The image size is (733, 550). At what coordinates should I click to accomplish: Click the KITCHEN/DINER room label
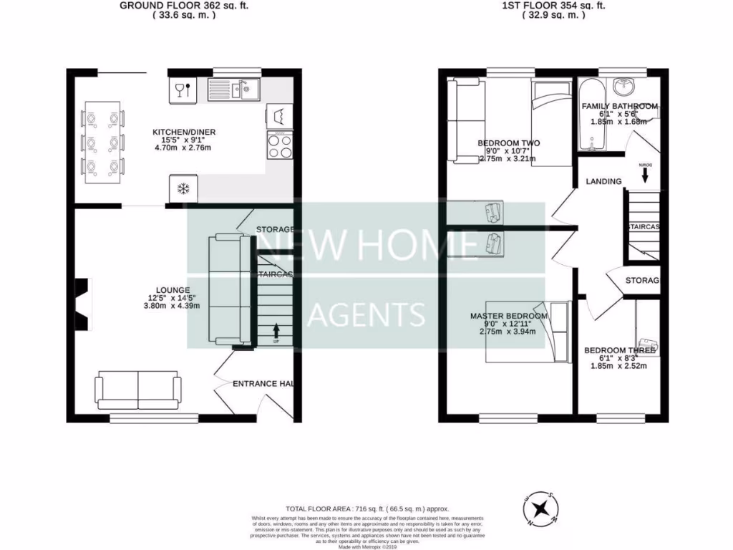point(184,132)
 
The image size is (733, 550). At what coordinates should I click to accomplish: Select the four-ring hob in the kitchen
point(280,147)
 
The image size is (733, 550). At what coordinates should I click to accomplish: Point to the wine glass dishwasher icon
point(182,90)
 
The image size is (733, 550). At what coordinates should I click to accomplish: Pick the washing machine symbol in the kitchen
point(280,115)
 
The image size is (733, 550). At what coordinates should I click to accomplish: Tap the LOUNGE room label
point(170,290)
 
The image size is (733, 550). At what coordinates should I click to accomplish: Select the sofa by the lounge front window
point(137,390)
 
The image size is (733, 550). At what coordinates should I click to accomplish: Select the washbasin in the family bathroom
point(625,87)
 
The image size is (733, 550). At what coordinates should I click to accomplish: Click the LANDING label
point(603,181)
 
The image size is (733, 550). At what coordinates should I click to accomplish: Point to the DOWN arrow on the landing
point(643,168)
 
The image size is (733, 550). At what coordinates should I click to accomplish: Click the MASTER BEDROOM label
point(509,316)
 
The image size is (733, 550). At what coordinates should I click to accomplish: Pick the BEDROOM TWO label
point(509,143)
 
